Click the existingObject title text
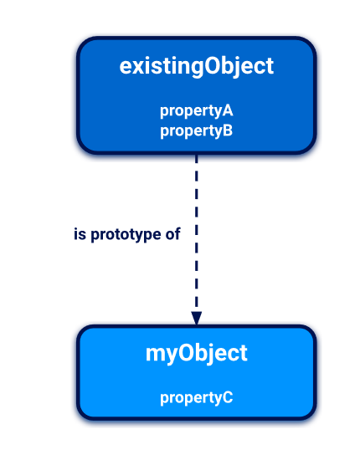pos(197,66)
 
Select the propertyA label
pos(197,111)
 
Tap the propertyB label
pos(196,131)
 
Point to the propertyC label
pos(197,398)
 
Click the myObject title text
pos(197,354)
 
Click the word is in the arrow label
pos(80,234)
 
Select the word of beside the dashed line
pos(172,233)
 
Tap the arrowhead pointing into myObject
pos(197,318)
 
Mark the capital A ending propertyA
pos(228,110)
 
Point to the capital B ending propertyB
pos(228,130)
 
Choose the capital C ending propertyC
pos(228,397)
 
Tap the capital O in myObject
pos(186,353)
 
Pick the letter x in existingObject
pos(140,69)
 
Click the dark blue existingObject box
pos(197,95)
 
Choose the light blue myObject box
pos(197,372)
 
